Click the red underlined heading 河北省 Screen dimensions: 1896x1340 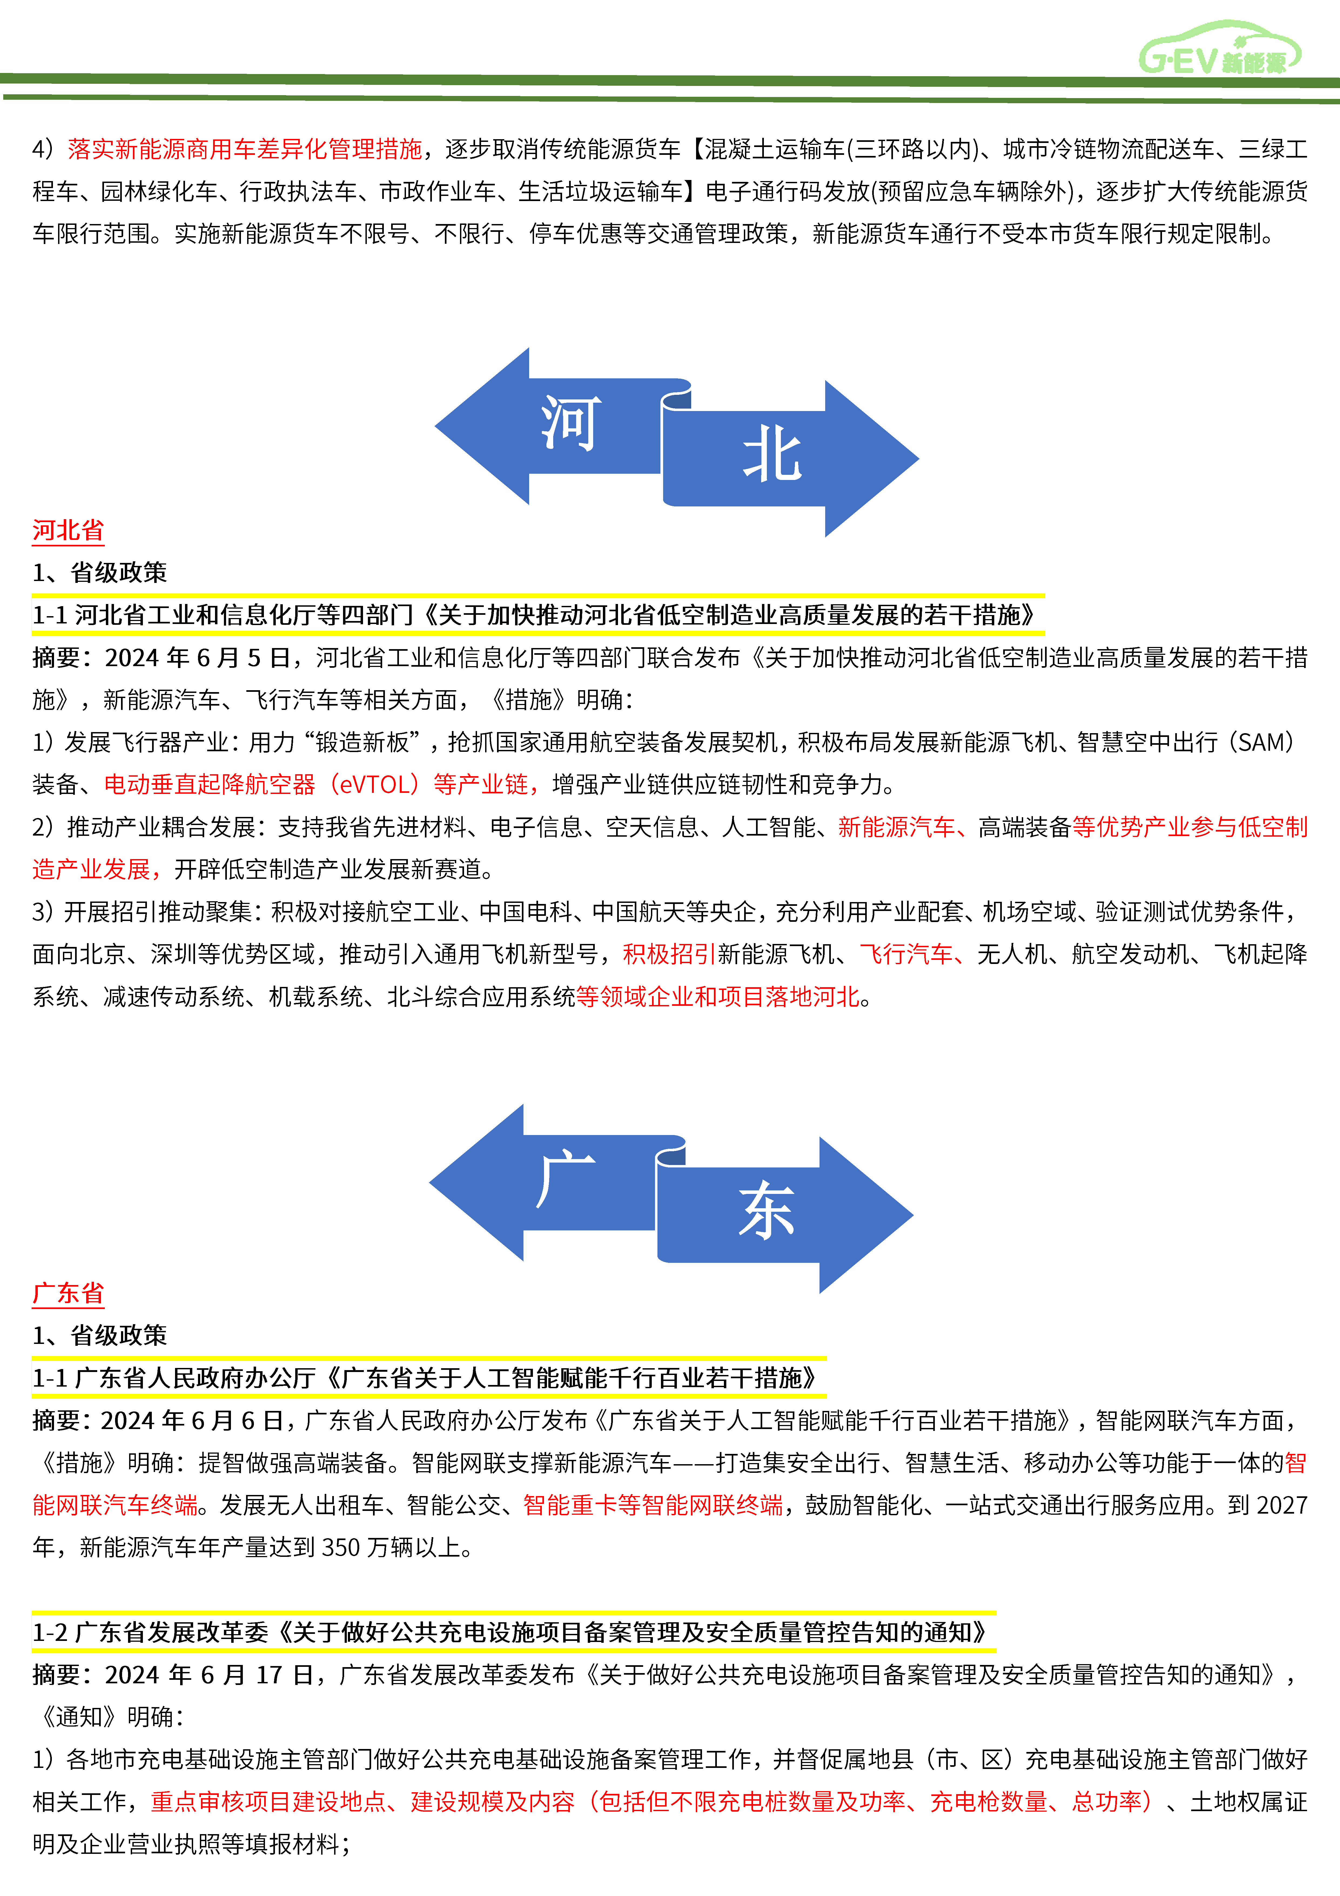click(x=68, y=530)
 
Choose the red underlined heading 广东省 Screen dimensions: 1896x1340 click(x=68, y=1293)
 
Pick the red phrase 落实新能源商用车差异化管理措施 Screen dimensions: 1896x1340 click(x=244, y=149)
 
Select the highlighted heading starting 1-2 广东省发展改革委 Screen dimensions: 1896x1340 click(x=512, y=1633)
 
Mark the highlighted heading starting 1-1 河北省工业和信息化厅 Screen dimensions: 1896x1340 click(x=537, y=615)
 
